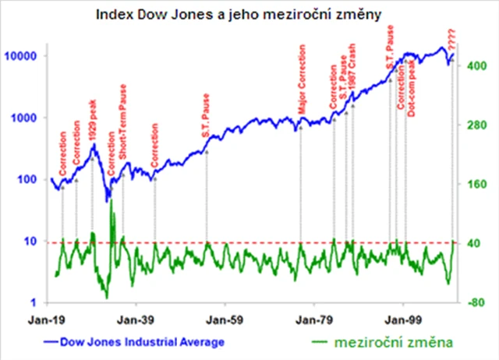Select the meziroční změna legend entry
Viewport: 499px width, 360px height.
[390, 342]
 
